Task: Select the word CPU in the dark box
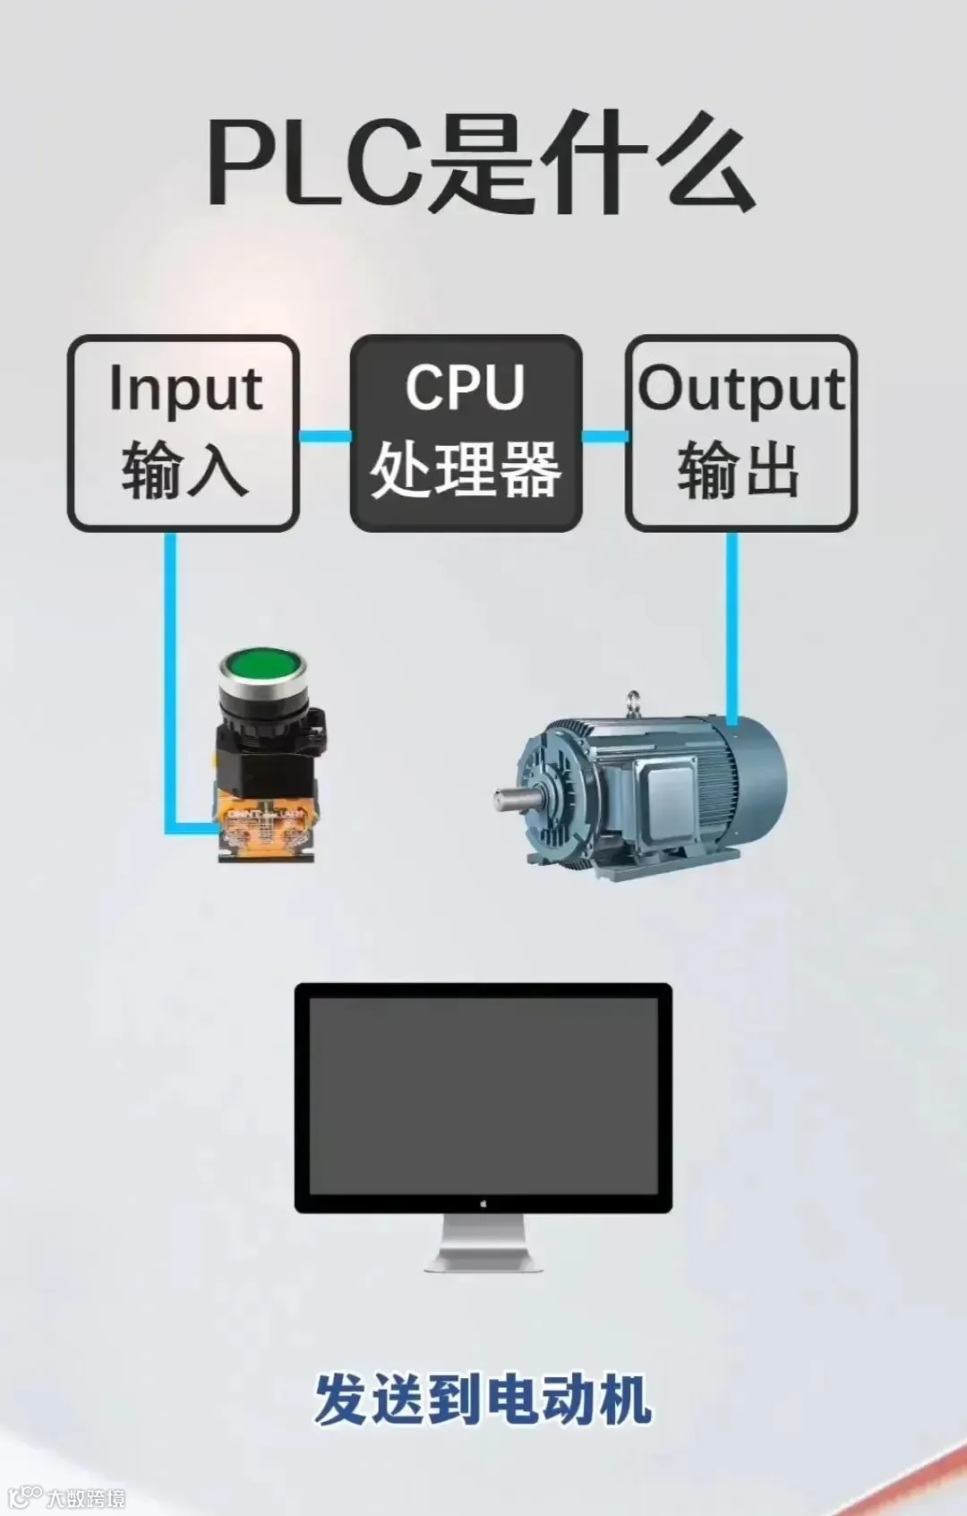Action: point(465,387)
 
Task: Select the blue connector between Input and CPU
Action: point(324,436)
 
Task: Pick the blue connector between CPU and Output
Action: point(604,436)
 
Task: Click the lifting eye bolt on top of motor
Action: point(634,701)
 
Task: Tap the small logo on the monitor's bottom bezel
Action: point(483,1203)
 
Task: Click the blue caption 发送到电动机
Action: point(483,1400)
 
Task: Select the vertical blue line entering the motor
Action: point(732,627)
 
